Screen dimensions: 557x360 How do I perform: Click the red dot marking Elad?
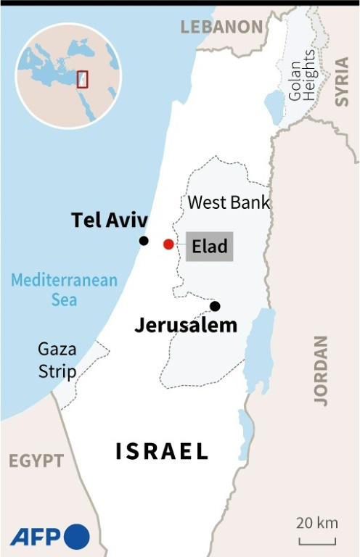click(168, 244)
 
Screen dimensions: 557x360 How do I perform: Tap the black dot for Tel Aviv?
click(144, 241)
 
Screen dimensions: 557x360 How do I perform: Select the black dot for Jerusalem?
click(215, 306)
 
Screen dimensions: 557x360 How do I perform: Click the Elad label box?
click(210, 246)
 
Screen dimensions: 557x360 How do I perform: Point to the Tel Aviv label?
click(110, 220)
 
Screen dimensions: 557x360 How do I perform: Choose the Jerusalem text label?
click(186, 326)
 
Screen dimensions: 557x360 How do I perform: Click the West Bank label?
click(229, 202)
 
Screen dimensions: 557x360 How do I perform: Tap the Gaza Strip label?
click(57, 360)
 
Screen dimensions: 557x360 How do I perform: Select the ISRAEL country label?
click(162, 451)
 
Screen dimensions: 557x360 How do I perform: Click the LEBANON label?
click(221, 28)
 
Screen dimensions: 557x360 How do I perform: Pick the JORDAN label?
click(321, 370)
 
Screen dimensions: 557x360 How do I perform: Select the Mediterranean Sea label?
click(65, 289)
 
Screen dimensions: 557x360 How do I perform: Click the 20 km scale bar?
click(317, 540)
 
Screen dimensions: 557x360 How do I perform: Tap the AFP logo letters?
click(36, 537)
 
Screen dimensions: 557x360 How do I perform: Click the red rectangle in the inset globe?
click(82, 78)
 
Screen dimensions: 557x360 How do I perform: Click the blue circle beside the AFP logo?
click(77, 537)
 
